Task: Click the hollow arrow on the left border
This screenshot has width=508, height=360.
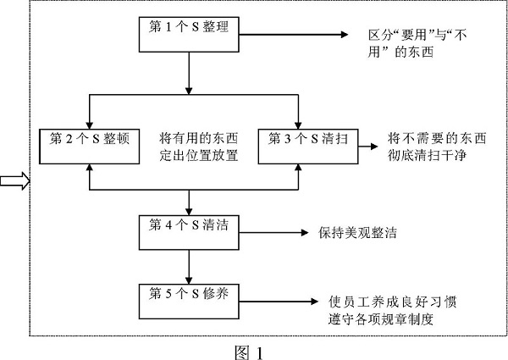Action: click(x=15, y=180)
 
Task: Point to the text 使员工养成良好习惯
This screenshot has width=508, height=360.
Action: click(x=395, y=301)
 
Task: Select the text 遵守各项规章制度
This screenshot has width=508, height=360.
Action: click(x=389, y=321)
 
